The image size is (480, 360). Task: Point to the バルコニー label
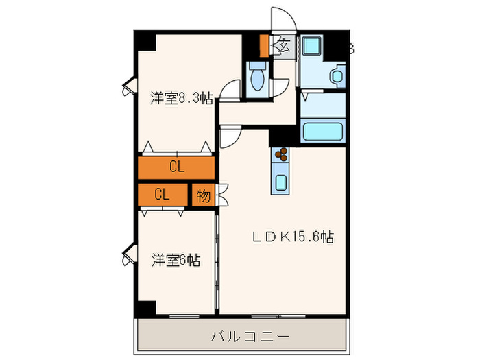pos(249,337)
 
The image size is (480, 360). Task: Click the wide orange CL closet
pos(176,167)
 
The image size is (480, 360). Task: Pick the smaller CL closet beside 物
pos(162,194)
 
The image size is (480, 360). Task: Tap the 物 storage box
pos(203,194)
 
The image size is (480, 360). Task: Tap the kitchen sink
pos(282,182)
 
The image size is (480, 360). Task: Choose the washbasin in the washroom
pos(337,76)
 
